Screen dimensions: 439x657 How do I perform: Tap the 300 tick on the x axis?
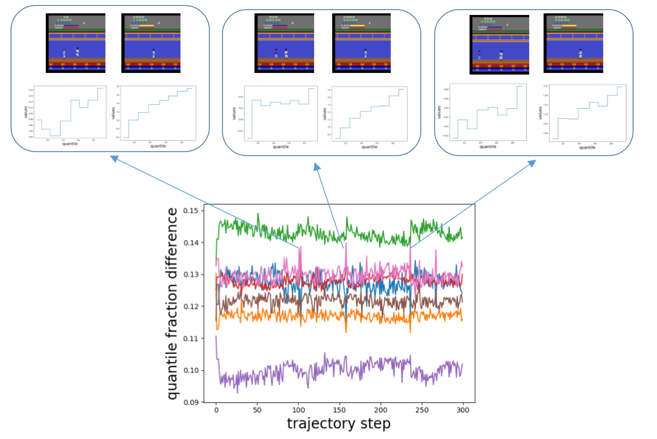(x=463, y=412)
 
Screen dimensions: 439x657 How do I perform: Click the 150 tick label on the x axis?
(x=339, y=412)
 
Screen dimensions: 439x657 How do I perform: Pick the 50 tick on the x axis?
(x=257, y=412)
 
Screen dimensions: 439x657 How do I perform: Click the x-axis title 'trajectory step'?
(x=339, y=424)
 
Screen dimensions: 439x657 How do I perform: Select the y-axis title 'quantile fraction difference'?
(x=173, y=304)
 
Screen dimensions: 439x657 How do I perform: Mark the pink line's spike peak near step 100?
(x=300, y=246)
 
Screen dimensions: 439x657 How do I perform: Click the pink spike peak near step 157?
(x=346, y=243)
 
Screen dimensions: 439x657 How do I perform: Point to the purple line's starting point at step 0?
(x=216, y=336)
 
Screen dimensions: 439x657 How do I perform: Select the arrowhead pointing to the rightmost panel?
(x=533, y=163)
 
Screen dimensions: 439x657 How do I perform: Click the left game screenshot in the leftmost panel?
(x=76, y=43)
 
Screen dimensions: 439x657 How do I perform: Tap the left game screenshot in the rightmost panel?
(x=499, y=44)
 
